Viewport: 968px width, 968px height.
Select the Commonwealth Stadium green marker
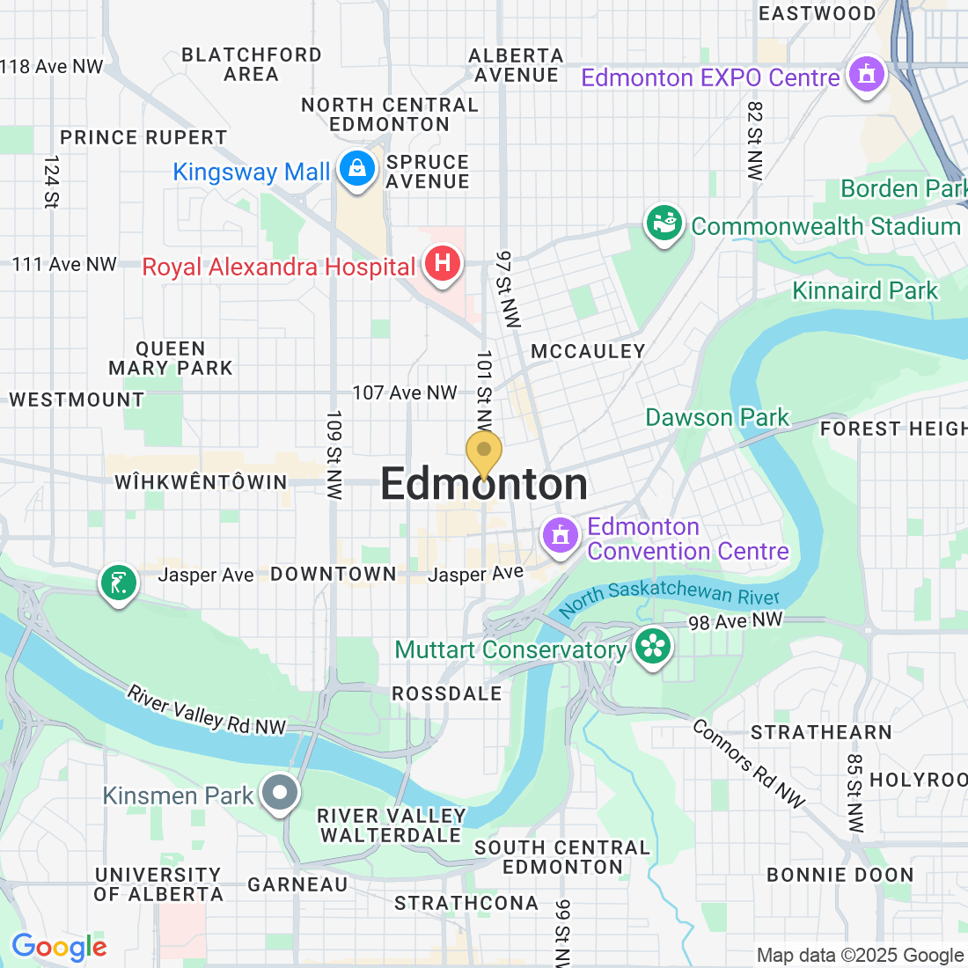pyautogui.click(x=664, y=224)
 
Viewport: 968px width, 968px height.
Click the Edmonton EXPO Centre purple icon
pyautogui.click(x=866, y=75)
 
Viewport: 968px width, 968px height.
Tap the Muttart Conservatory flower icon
pyautogui.click(x=652, y=648)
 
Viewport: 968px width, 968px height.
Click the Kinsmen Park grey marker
pyautogui.click(x=281, y=792)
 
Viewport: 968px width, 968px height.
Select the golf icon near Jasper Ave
pyautogui.click(x=119, y=583)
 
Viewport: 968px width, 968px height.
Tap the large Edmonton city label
pyautogui.click(x=484, y=485)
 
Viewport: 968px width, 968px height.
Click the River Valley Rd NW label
pyautogui.click(x=207, y=710)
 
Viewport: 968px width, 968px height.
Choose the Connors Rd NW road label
pyautogui.click(x=748, y=763)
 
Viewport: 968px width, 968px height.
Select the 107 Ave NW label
pyautogui.click(x=405, y=392)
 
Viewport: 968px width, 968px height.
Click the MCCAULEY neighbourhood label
pyautogui.click(x=588, y=352)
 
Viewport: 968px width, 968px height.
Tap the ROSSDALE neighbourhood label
pyautogui.click(x=446, y=693)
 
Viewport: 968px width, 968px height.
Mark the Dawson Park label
pyautogui.click(x=717, y=417)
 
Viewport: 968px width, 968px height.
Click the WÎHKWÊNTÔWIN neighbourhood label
pyautogui.click(x=201, y=482)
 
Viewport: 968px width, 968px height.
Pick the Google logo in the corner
pyautogui.click(x=59, y=947)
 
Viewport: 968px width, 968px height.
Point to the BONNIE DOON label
pyautogui.click(x=840, y=875)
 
